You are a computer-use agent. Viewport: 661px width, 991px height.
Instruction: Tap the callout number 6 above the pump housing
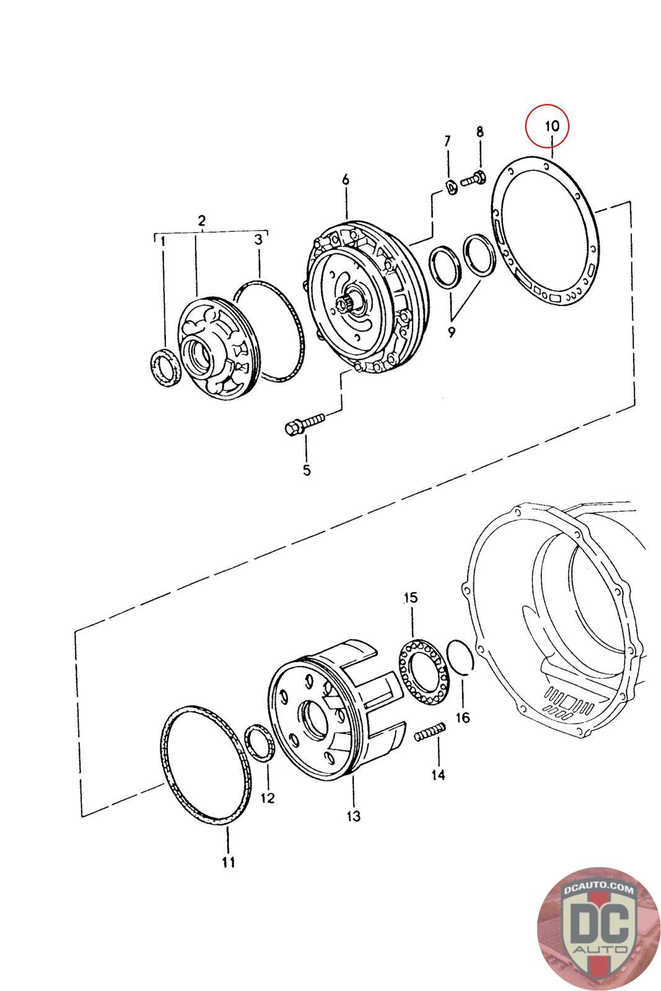345,180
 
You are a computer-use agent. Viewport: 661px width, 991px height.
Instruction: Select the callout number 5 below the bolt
307,470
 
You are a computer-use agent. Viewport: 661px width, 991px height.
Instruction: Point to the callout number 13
353,816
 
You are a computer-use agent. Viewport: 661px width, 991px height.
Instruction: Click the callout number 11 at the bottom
229,862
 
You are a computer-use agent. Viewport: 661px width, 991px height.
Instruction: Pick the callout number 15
411,598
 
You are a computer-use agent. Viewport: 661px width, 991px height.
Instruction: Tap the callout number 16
463,717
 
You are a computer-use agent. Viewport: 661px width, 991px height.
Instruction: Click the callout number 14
438,774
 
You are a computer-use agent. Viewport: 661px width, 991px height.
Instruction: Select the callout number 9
451,332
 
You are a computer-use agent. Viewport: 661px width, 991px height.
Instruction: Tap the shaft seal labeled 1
165,368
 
